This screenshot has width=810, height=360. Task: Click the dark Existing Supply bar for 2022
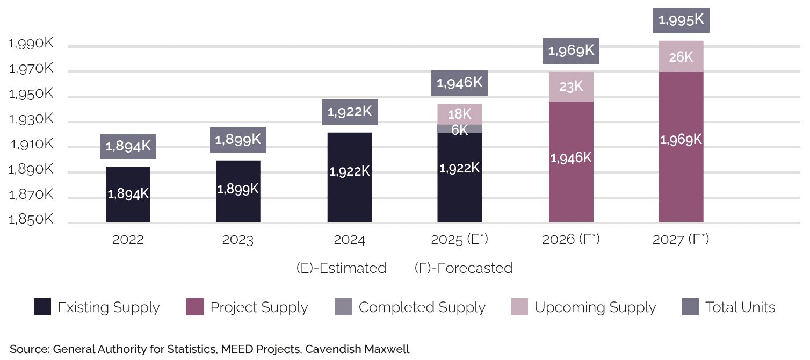click(x=128, y=195)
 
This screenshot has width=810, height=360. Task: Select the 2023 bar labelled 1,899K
click(x=238, y=191)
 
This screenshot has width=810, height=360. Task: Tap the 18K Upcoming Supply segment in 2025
click(x=459, y=113)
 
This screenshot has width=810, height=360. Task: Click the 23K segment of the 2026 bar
click(x=571, y=87)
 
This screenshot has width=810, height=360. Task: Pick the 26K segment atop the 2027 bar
click(x=681, y=56)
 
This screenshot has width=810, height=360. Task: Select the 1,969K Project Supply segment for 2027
click(x=681, y=146)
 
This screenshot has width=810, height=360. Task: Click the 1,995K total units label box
click(x=681, y=20)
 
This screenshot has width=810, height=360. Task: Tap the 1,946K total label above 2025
click(x=459, y=83)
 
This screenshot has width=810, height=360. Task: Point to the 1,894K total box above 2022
click(x=128, y=146)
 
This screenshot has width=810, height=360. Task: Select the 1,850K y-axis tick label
click(x=31, y=220)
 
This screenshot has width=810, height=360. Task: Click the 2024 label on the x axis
click(x=349, y=240)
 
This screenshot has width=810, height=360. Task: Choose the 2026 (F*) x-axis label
click(x=571, y=240)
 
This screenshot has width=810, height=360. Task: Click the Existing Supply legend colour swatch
click(x=42, y=307)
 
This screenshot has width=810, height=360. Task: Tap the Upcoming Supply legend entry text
click(x=595, y=307)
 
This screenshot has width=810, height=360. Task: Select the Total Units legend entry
click(x=740, y=307)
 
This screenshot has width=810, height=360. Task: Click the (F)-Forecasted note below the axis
click(x=463, y=268)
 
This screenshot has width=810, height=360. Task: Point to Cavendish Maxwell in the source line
click(x=357, y=349)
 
